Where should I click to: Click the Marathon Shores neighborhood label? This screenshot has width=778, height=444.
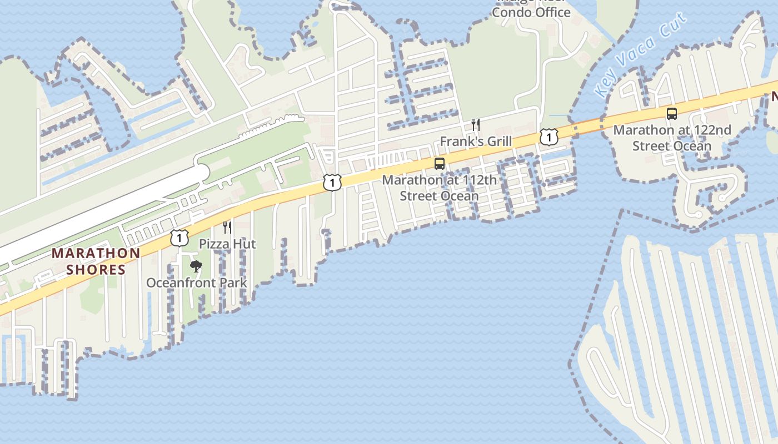point(96,261)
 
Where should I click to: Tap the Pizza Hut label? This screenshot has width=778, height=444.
point(227,244)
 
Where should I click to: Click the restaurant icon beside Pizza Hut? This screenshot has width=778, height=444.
point(227,227)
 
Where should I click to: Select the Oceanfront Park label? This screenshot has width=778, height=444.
point(196,282)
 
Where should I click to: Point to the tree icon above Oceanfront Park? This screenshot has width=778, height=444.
point(196,266)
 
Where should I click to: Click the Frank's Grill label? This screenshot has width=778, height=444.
point(476,142)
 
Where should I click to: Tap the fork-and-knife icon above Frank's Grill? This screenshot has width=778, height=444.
point(476,124)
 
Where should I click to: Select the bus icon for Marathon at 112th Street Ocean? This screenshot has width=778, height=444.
point(439,164)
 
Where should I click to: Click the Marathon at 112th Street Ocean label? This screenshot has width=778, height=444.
point(439,188)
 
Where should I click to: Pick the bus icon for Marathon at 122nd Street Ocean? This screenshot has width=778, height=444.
point(672,114)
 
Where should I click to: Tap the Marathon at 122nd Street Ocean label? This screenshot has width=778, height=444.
point(672,138)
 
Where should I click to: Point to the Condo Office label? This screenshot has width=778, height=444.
point(531,12)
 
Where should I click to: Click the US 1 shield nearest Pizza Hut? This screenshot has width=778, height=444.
point(179,238)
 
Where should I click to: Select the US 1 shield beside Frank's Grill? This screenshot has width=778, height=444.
point(548,137)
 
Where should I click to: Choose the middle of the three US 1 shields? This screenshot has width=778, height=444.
point(332,182)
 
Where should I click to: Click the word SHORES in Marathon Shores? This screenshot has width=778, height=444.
point(95,270)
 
